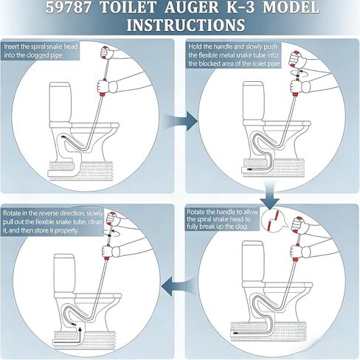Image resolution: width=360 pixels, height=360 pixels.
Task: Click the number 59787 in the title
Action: point(69,7)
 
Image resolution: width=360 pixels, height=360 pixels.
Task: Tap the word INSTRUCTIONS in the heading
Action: point(186,24)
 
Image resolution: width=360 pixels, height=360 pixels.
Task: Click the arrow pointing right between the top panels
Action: point(181,121)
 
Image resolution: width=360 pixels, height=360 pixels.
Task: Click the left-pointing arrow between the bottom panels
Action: point(179,286)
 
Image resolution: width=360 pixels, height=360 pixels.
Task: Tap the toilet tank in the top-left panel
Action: point(60,102)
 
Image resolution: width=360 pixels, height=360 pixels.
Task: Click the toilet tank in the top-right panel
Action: point(253,101)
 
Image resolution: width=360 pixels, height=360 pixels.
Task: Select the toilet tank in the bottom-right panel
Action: point(253,261)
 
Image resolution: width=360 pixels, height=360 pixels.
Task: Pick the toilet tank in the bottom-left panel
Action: point(64,274)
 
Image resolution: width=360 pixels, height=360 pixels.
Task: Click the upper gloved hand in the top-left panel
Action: point(107,52)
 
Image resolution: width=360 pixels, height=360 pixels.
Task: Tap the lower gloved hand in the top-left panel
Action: point(105,86)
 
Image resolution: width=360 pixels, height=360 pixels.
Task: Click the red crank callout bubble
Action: point(274,221)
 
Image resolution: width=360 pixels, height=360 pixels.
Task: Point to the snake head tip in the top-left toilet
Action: point(63,136)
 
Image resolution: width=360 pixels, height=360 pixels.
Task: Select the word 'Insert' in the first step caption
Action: point(11,46)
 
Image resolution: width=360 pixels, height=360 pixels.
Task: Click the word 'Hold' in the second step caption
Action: point(195,46)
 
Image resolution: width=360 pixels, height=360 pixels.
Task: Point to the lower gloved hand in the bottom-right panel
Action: point(299,252)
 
